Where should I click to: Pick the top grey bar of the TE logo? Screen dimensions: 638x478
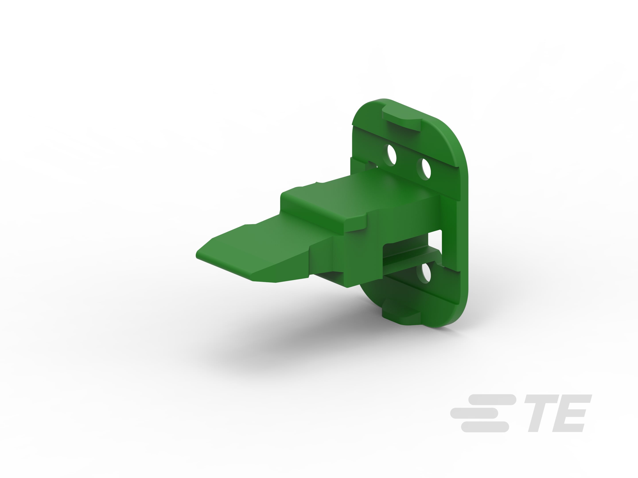click(x=492, y=400)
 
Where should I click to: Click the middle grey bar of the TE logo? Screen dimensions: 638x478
click(x=474, y=413)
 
